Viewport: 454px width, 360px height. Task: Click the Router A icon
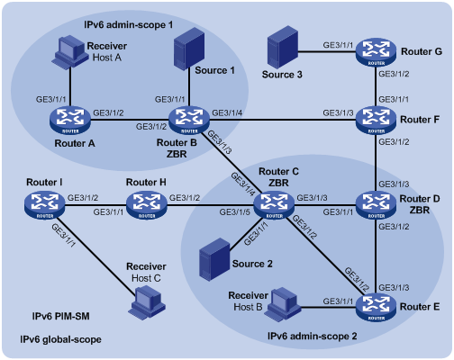(70, 121)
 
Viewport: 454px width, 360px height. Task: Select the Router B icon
(189, 121)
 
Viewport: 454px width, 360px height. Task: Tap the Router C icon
(274, 205)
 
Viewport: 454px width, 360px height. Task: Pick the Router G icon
(376, 52)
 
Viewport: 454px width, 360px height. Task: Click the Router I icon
(45, 205)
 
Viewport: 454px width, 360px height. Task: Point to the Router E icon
(376, 307)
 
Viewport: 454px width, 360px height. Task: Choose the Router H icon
(147, 205)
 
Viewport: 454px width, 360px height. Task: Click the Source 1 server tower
(189, 49)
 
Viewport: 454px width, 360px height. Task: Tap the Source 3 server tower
(283, 47)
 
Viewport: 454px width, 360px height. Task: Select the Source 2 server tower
(214, 259)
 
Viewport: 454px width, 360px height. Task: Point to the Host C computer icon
(147, 302)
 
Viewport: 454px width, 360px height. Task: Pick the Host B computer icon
(283, 303)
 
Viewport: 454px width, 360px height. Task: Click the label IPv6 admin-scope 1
(129, 24)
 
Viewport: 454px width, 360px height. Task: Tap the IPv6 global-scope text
(60, 339)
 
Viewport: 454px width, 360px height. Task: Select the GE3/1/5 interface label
(234, 212)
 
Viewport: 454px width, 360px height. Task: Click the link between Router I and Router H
(95, 205)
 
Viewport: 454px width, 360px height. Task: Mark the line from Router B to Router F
(283, 121)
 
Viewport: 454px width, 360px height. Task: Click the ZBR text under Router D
(420, 210)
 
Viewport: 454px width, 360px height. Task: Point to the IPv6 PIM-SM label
(61, 316)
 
